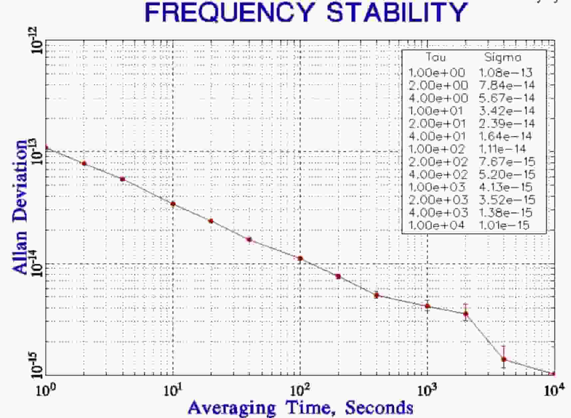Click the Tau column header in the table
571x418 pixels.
[436, 58]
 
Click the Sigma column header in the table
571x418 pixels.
[503, 58]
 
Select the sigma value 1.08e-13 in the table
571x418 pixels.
[505, 72]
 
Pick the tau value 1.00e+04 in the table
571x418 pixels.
[436, 225]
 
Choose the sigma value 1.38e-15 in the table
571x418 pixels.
[505, 212]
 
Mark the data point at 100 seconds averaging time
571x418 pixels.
[300, 258]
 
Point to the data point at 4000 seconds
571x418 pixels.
[504, 359]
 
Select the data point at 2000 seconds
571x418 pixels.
[466, 314]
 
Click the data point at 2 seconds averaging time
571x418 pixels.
[84, 163]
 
